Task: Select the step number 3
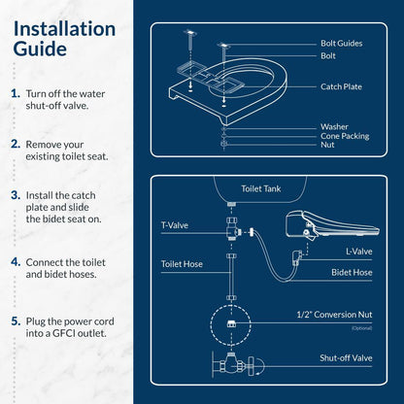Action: [x=17, y=194]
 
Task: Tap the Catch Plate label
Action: [x=343, y=86]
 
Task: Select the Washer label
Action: [x=334, y=126]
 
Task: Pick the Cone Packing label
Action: [x=345, y=136]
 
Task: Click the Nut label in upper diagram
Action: [x=327, y=145]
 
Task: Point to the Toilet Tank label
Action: [x=260, y=189]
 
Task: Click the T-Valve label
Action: [x=175, y=224]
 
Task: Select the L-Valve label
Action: [x=358, y=252]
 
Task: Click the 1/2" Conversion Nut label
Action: [x=335, y=315]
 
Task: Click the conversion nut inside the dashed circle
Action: [x=230, y=322]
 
